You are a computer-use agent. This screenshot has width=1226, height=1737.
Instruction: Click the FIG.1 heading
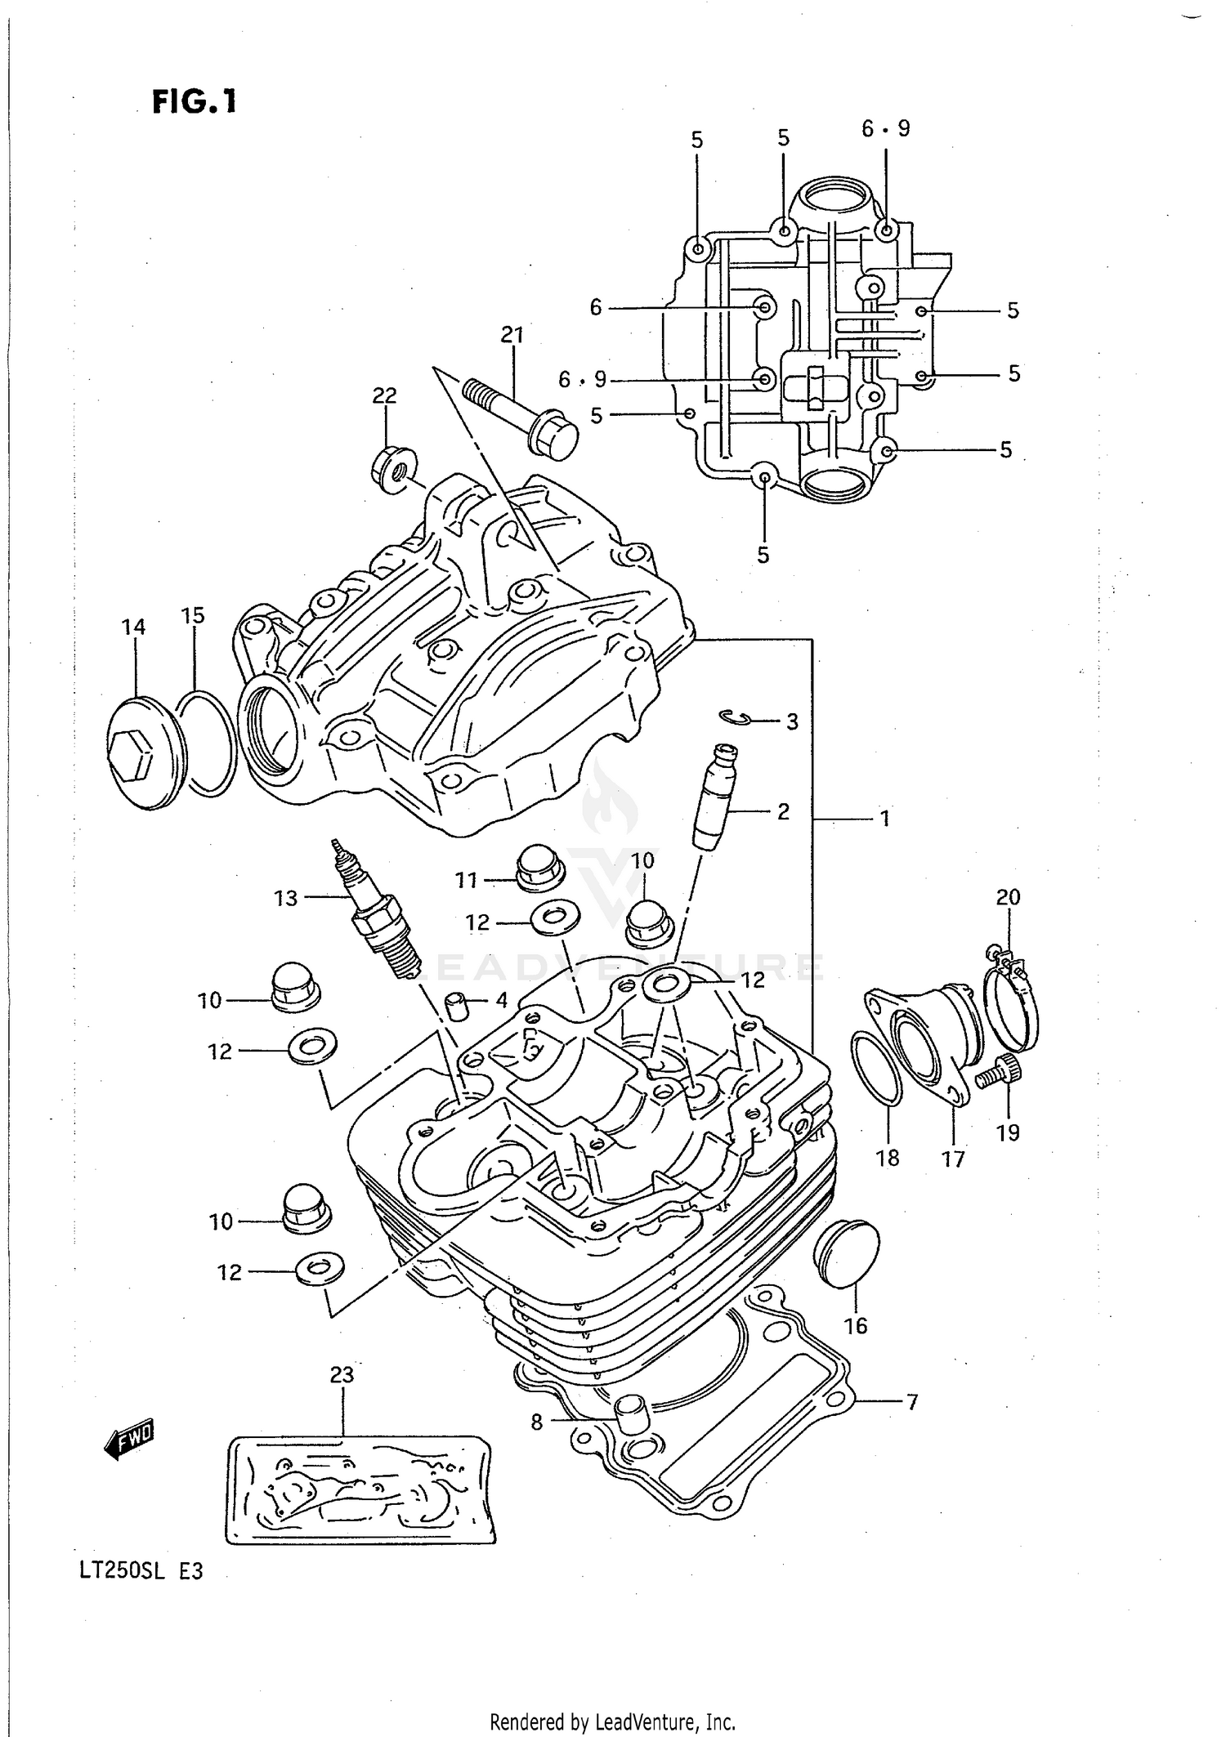pyautogui.click(x=195, y=101)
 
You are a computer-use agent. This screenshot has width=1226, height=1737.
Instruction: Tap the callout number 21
pyautogui.click(x=512, y=335)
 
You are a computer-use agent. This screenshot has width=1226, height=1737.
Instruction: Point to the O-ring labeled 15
pyautogui.click(x=208, y=743)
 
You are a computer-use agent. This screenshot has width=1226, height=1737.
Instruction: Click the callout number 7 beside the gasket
pyautogui.click(x=912, y=1402)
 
